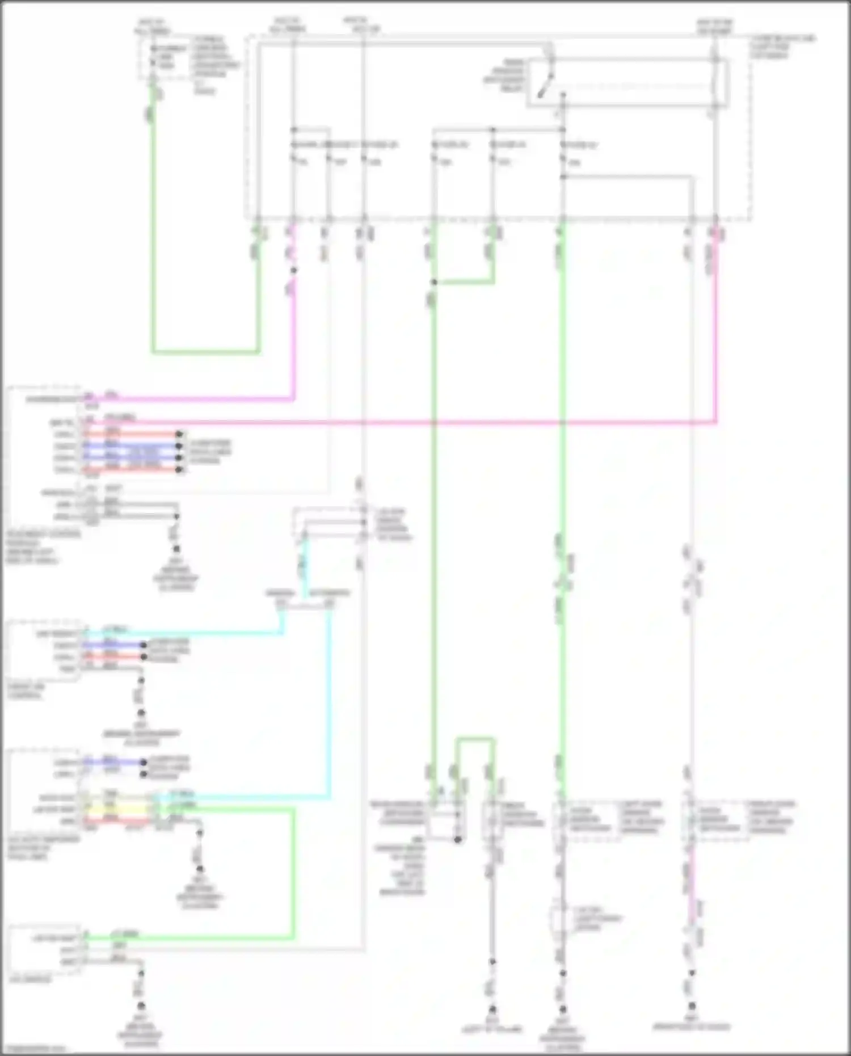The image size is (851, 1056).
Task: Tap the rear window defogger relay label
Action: (505, 76)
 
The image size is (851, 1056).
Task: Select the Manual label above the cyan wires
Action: (280, 594)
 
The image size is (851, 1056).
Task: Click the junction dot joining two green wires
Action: (434, 282)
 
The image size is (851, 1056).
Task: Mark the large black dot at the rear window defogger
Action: (458, 839)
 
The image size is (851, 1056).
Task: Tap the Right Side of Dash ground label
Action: (692, 1026)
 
